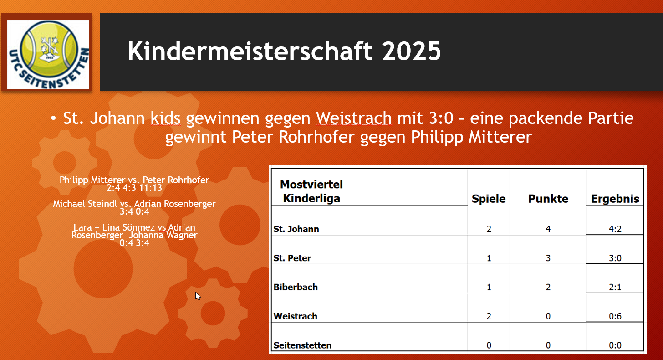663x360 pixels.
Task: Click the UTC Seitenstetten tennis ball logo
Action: pyautogui.click(x=48, y=54)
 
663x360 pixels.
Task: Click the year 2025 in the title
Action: pyautogui.click(x=412, y=51)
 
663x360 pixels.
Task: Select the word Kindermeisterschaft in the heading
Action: pyautogui.click(x=250, y=51)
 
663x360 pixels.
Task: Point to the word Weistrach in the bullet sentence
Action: pyautogui.click(x=354, y=118)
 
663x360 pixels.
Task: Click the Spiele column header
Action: pyautogui.click(x=489, y=199)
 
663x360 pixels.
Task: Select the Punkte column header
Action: pyautogui.click(x=548, y=199)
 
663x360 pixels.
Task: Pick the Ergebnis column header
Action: pyautogui.click(x=615, y=199)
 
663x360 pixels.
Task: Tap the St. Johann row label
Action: pyautogui.click(x=296, y=229)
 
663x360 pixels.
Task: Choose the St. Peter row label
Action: pyautogui.click(x=292, y=258)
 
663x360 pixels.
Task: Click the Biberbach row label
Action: pyautogui.click(x=296, y=287)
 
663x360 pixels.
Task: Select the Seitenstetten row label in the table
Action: pyautogui.click(x=302, y=345)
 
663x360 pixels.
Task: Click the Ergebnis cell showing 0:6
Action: pyautogui.click(x=615, y=316)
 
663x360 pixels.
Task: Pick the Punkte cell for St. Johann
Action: pyautogui.click(x=548, y=229)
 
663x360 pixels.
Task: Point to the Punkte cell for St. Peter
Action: pyautogui.click(x=548, y=258)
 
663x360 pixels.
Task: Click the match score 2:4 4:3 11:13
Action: pyautogui.click(x=134, y=188)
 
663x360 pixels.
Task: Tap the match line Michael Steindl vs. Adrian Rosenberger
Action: pyautogui.click(x=134, y=204)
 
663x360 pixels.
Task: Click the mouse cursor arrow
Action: pyautogui.click(x=198, y=296)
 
